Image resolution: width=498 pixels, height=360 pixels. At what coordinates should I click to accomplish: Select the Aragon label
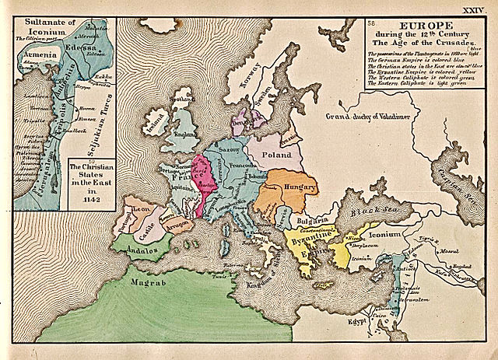tap(176, 223)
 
